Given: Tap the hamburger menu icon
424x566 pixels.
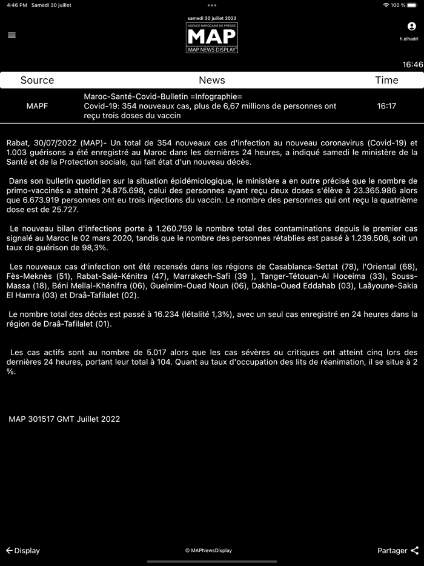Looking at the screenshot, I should pyautogui.click(x=12, y=35).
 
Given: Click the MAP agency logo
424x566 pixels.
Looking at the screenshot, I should pyautogui.click(x=212, y=38).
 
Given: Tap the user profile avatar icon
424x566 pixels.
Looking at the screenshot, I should pyautogui.click(x=412, y=27).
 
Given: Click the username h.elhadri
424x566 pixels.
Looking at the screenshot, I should pyautogui.click(x=409, y=39).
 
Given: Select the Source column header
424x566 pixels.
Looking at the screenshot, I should pyautogui.click(x=37, y=80).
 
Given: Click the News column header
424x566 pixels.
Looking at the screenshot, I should pyautogui.click(x=212, y=80).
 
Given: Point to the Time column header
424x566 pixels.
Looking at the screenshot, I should pyautogui.click(x=386, y=80).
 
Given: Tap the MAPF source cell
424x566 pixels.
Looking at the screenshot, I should pyautogui.click(x=37, y=106).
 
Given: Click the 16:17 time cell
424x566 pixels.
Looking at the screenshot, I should pyautogui.click(x=386, y=106).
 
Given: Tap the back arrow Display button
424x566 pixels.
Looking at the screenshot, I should pyautogui.click(x=22, y=550).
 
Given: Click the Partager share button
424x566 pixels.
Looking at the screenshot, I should pyautogui.click(x=398, y=550).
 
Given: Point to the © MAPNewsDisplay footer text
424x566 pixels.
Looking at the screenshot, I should pyautogui.click(x=208, y=550).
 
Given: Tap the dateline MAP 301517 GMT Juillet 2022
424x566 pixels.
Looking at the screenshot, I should pyautogui.click(x=64, y=419).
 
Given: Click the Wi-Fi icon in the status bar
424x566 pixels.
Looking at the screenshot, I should pyautogui.click(x=386, y=5).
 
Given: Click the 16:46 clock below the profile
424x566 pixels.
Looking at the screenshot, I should pyautogui.click(x=412, y=64).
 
